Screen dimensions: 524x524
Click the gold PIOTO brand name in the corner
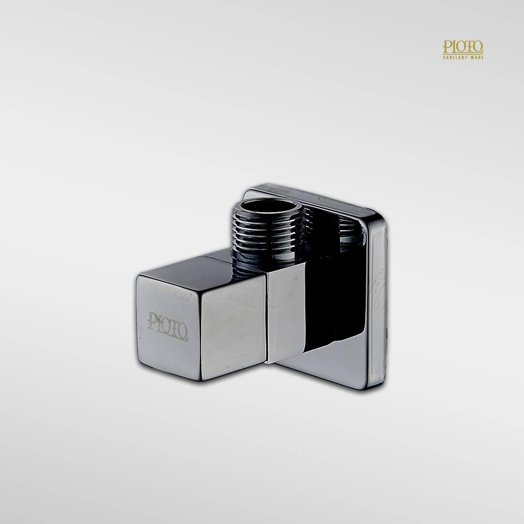point(463,47)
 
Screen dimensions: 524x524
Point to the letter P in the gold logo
point(446,47)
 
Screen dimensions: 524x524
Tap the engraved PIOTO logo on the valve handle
point(168,326)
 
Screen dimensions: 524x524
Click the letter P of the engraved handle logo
point(152,321)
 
